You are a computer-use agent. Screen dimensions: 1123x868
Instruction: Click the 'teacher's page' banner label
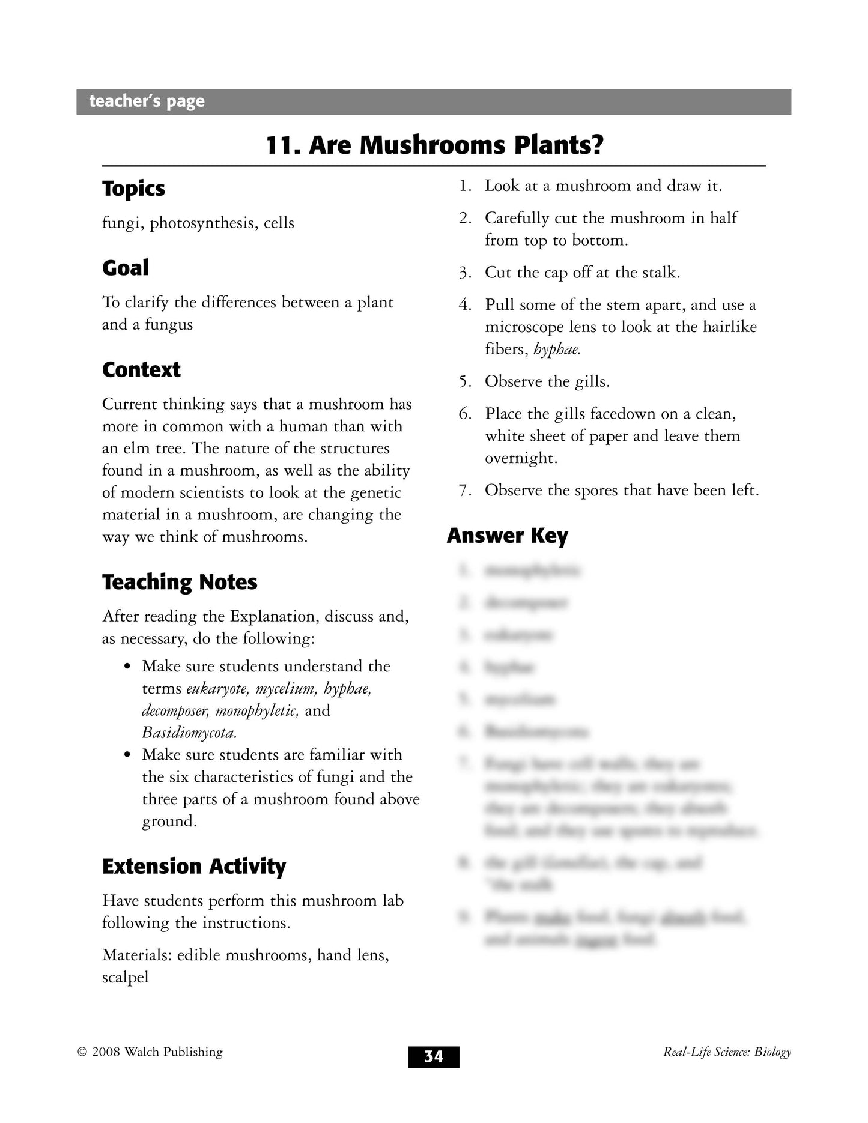pyautogui.click(x=147, y=101)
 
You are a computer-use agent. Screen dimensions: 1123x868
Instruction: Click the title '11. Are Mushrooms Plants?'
pyautogui.click(x=434, y=145)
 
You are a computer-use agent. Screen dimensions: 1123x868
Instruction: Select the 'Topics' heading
pyautogui.click(x=133, y=189)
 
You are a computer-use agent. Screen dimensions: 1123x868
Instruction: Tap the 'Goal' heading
pyautogui.click(x=126, y=268)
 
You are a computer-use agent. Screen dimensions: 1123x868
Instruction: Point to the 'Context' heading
pyautogui.click(x=141, y=369)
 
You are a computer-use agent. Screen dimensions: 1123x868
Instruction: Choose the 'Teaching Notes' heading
pyautogui.click(x=180, y=582)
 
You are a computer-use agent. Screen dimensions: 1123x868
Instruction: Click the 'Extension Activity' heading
pyautogui.click(x=194, y=866)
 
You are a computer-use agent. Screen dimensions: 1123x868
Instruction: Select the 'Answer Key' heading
pyautogui.click(x=507, y=536)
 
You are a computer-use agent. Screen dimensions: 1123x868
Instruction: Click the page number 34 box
pyautogui.click(x=434, y=1056)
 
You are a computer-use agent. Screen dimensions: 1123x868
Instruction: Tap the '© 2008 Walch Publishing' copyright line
pyautogui.click(x=150, y=1052)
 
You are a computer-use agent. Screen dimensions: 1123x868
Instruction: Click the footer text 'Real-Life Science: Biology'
pyautogui.click(x=727, y=1052)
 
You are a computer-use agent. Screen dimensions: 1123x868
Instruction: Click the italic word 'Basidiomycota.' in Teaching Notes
pyautogui.click(x=189, y=733)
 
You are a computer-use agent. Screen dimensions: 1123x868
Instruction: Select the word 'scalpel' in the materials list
pyautogui.click(x=126, y=977)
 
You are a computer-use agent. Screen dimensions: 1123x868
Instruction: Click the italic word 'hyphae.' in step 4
pyautogui.click(x=557, y=349)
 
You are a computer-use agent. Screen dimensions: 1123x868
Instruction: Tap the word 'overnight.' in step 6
pyautogui.click(x=521, y=458)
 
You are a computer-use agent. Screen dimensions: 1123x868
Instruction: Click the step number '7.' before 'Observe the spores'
pyautogui.click(x=465, y=491)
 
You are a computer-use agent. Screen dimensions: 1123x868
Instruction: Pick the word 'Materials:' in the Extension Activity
pyautogui.click(x=136, y=955)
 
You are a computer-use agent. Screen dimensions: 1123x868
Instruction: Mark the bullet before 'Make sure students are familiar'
pyautogui.click(x=127, y=755)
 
